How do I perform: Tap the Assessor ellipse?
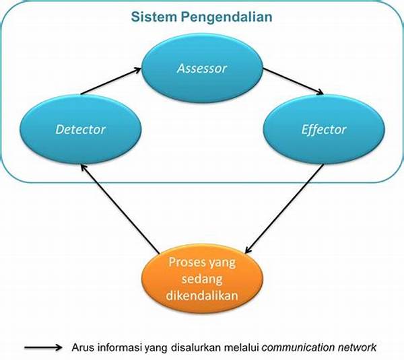click(202, 68)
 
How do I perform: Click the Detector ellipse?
click(81, 129)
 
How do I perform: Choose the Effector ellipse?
click(324, 129)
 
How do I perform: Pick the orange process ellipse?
click(202, 279)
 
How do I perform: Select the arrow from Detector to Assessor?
click(111, 81)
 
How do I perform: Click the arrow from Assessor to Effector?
click(293, 81)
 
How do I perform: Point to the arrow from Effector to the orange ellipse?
click(284, 209)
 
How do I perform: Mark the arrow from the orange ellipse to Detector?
click(120, 209)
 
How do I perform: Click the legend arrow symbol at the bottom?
click(43, 348)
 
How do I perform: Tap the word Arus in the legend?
click(82, 348)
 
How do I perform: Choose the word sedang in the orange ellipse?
click(202, 279)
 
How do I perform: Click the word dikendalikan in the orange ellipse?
click(202, 295)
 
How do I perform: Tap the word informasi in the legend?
click(119, 348)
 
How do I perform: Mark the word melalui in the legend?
click(242, 348)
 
